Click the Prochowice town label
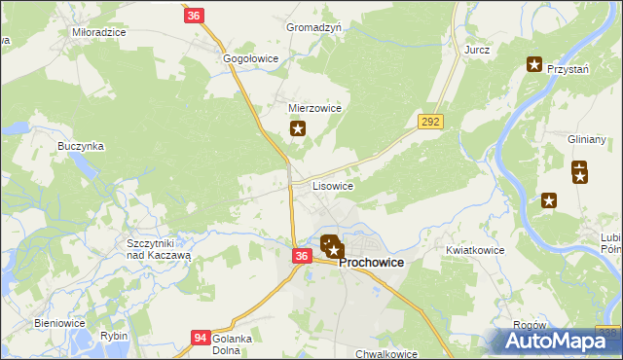coord(371,263)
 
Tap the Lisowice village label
coord(332,185)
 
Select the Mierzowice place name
coord(314,109)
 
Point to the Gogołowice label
coord(251,58)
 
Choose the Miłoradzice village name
coord(99,32)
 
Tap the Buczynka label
coord(81,146)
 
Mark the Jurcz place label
coord(477,49)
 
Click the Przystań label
coord(569,69)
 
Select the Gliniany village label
coord(587,140)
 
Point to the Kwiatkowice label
coord(475,250)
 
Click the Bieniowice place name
coord(60,323)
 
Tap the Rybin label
coord(114,337)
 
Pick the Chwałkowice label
coord(386,354)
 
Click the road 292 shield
coord(431,122)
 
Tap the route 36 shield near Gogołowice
coord(194,16)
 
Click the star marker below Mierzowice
coord(299,127)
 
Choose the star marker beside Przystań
coord(534,65)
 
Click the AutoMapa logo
coord(559,341)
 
